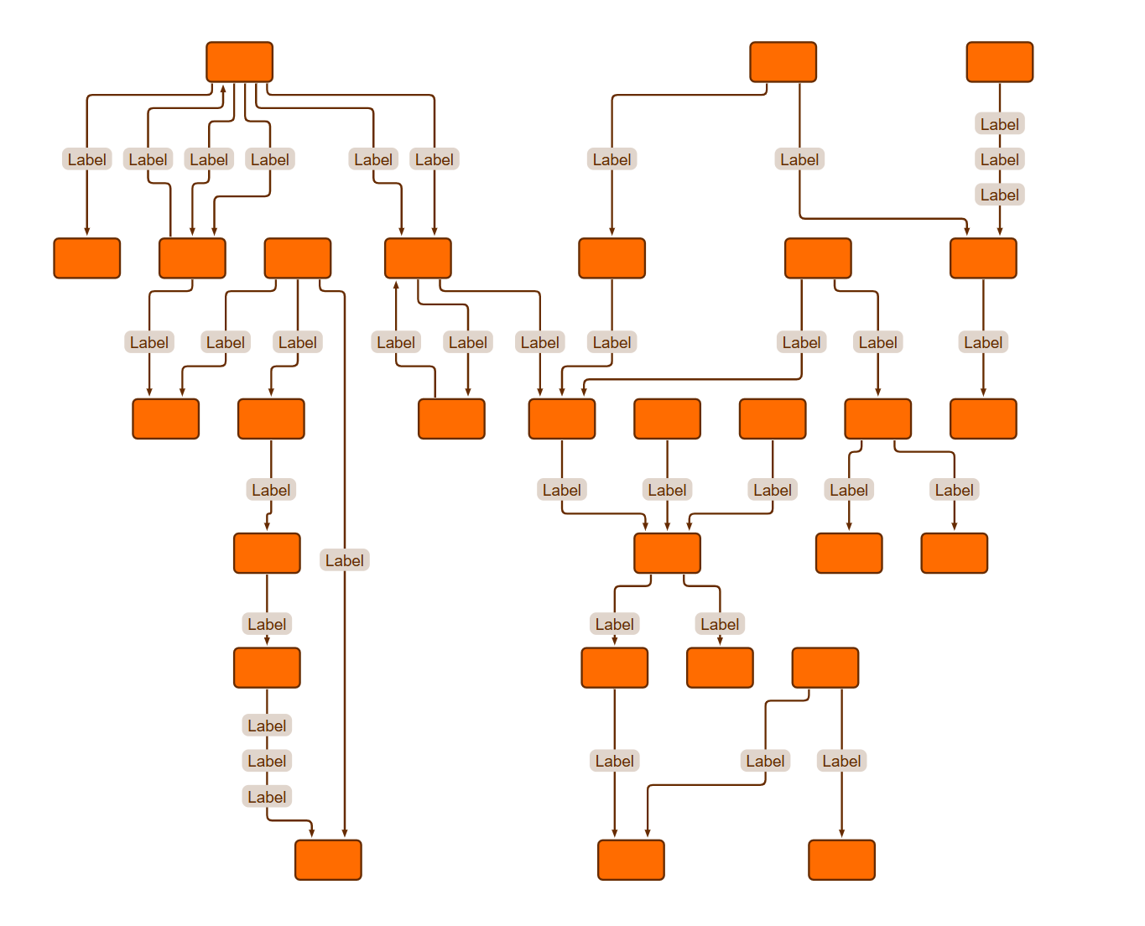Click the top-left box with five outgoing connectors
pos(239,62)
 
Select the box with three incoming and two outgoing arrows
pos(667,553)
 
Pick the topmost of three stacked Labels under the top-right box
pos(999,124)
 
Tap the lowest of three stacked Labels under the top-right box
pos(999,195)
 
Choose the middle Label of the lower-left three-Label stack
pos(267,761)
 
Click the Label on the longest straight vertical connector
pos(344,559)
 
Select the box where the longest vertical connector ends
pos(328,860)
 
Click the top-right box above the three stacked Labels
pos(999,62)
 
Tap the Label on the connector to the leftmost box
pos(86,159)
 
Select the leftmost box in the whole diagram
pos(86,258)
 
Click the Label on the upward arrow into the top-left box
pos(148,159)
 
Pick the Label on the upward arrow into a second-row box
pos(395,342)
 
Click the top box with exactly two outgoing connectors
pos(783,62)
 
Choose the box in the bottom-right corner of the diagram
pos(841,860)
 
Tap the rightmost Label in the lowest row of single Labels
pos(841,761)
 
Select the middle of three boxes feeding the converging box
pos(667,419)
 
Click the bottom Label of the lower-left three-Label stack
pos(267,797)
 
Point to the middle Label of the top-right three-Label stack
pos(999,159)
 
